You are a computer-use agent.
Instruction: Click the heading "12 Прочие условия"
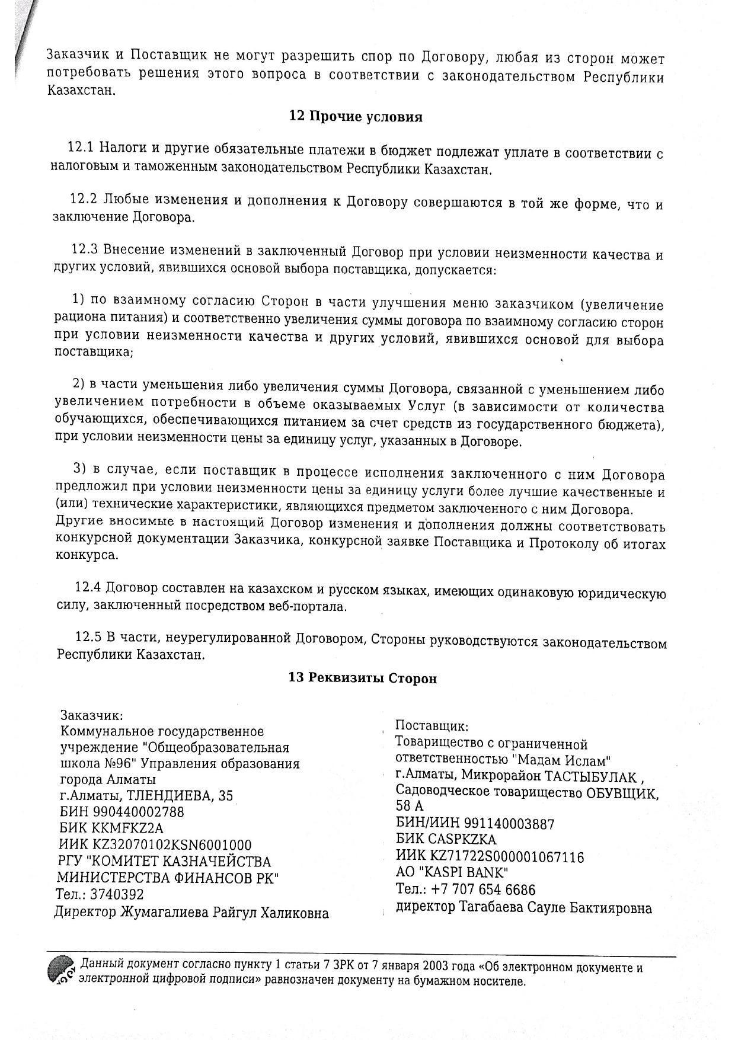pyautogui.click(x=356, y=117)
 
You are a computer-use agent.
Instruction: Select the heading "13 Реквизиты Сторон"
pyautogui.click(x=362, y=678)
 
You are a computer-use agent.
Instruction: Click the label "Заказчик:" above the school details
pyautogui.click(x=92, y=716)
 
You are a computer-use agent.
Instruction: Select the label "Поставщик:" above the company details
pyautogui.click(x=432, y=726)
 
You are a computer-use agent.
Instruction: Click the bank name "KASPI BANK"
pyautogui.click(x=465, y=873)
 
